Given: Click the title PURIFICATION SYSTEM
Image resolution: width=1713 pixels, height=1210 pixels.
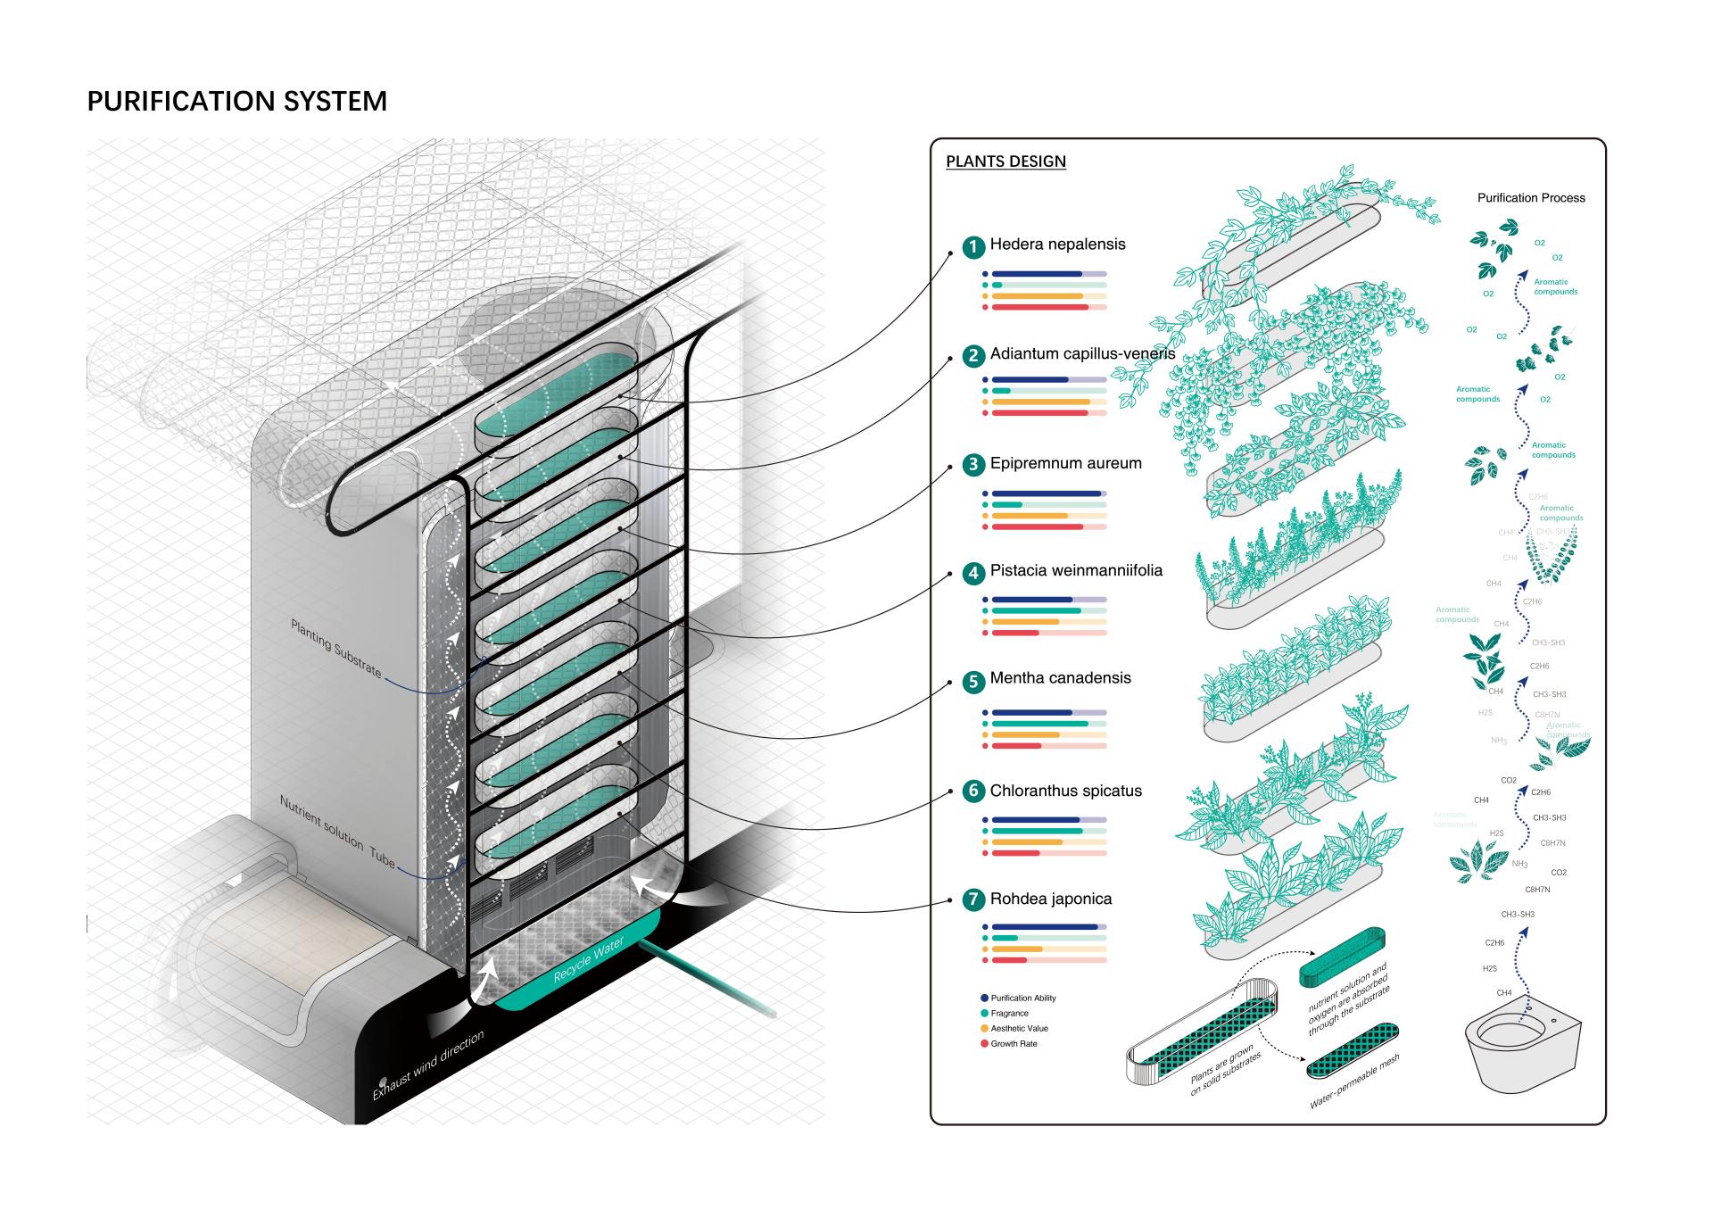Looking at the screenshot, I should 236,101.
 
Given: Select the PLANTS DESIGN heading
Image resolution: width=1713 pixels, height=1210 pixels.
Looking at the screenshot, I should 1005,162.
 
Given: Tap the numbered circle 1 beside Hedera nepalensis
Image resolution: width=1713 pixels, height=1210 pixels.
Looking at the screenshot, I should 973,247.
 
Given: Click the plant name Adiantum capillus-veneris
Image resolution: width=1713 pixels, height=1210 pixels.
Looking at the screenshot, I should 1082,353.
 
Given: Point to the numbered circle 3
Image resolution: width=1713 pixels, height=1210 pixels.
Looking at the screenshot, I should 973,465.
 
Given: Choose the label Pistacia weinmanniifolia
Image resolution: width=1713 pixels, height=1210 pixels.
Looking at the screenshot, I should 1076,570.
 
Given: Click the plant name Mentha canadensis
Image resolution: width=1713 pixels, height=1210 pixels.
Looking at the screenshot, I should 1060,678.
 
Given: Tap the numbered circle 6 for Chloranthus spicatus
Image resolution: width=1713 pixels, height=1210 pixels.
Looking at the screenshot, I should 973,791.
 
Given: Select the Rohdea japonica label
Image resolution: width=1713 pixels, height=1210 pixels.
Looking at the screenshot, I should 1051,899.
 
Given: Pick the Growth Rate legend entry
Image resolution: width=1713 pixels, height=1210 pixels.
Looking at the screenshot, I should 1014,1043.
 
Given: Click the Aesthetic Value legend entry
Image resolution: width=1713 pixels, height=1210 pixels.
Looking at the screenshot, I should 1019,1028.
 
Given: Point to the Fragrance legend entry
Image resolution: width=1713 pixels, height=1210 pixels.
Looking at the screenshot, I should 1009,1013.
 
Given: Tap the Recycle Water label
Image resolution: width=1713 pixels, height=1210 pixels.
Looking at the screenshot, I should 588,960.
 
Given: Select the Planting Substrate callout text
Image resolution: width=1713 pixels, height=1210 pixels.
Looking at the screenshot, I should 336,648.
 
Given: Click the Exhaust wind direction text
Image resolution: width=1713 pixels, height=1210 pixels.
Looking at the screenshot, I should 428,1065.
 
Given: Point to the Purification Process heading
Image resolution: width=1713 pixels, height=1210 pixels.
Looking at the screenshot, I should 1531,198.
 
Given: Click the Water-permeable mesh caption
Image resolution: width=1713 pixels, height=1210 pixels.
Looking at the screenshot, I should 1353,1082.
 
